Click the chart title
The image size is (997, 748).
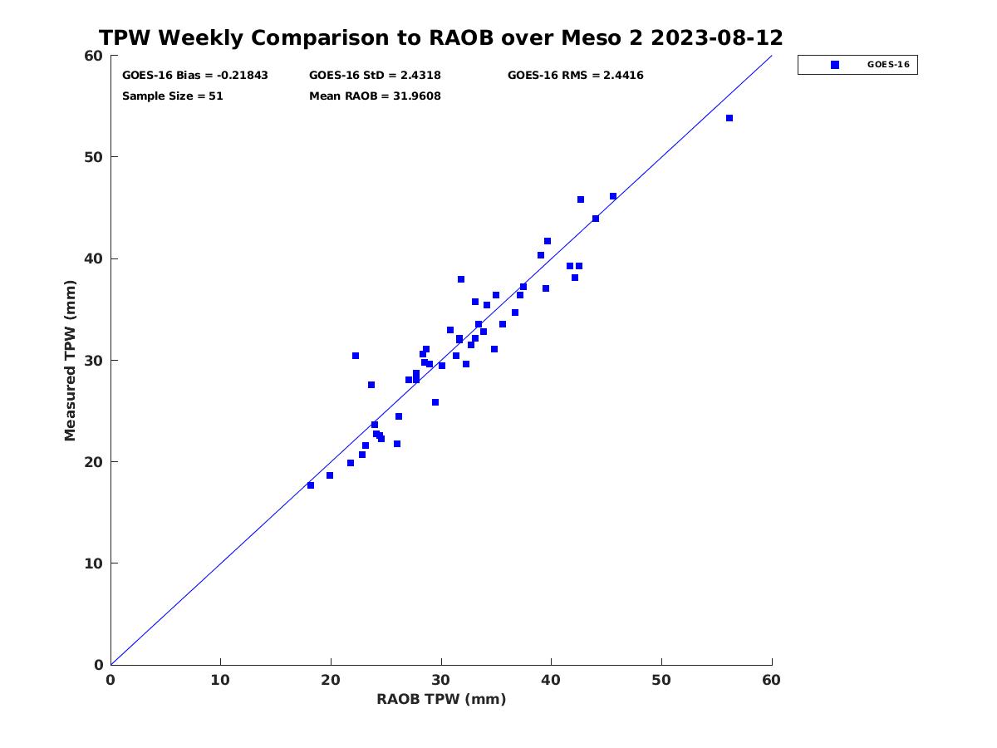(x=440, y=37)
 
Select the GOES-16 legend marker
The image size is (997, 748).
(x=835, y=65)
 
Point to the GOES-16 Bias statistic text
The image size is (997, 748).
(x=195, y=76)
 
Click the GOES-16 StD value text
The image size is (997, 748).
(x=375, y=76)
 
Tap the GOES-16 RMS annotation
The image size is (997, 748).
(x=576, y=76)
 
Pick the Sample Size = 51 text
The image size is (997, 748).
(x=173, y=96)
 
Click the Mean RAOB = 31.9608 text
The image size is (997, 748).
(x=375, y=96)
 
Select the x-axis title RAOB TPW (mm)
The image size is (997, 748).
(x=441, y=699)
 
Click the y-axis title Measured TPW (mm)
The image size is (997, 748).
(x=70, y=361)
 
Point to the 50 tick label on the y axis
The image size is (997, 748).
(x=94, y=157)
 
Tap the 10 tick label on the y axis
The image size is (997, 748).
(x=94, y=563)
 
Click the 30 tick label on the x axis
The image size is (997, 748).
(x=440, y=680)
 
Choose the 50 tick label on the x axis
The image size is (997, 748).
(x=661, y=680)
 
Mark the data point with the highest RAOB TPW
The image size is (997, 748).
(x=729, y=118)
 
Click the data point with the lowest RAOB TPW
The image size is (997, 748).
(x=311, y=485)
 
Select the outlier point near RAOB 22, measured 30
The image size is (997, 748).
(x=356, y=356)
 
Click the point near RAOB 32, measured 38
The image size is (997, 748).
(x=461, y=279)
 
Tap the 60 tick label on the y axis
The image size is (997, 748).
(x=94, y=56)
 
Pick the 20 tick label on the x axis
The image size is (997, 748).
(x=331, y=680)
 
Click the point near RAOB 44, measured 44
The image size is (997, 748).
(x=596, y=219)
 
